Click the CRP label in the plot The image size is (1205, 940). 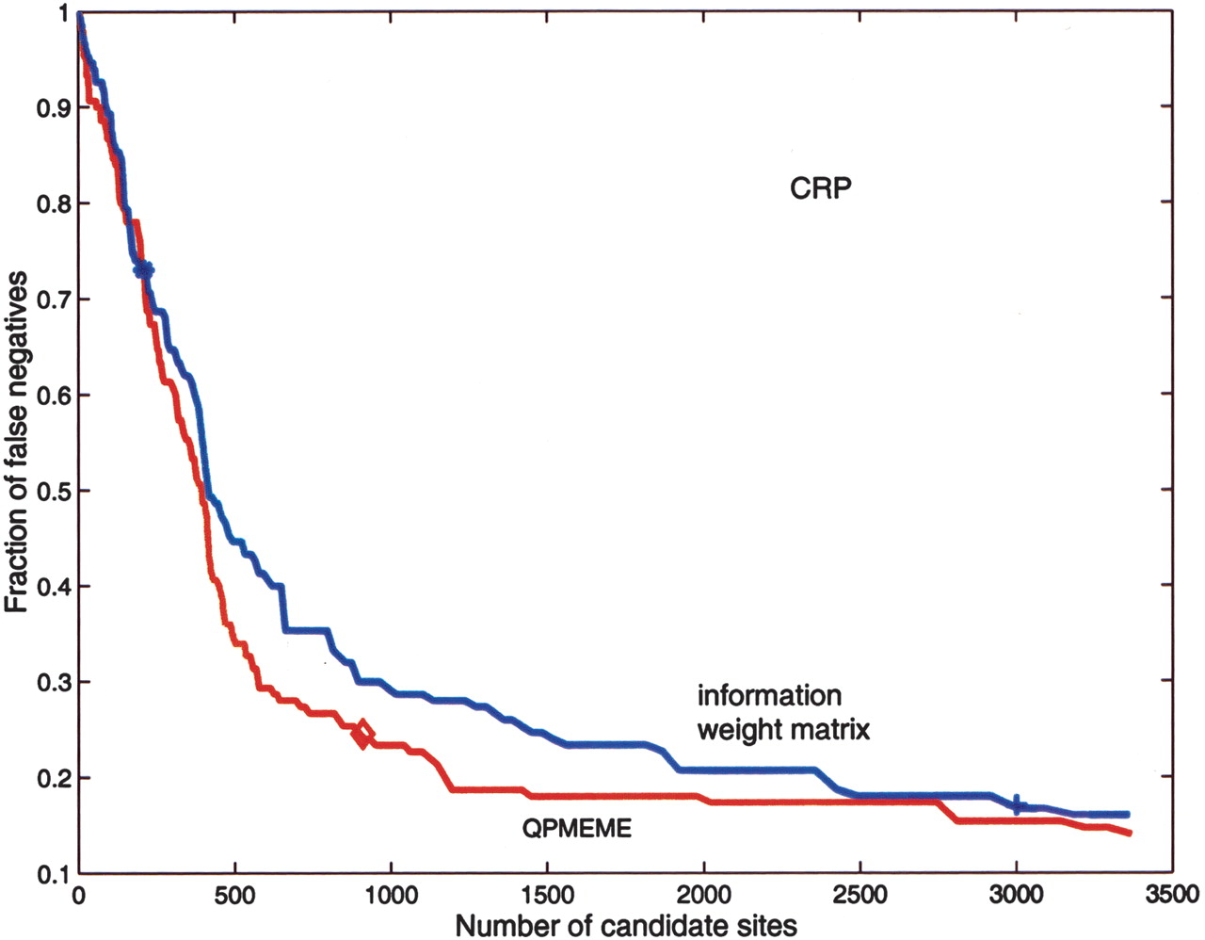click(820, 188)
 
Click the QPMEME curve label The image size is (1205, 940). click(576, 829)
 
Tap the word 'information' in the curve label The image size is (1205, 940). click(769, 696)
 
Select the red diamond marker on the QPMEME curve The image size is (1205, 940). click(362, 734)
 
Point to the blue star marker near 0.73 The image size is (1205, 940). click(143, 270)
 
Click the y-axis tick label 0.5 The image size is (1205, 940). click(53, 491)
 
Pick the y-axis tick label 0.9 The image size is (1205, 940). click(53, 108)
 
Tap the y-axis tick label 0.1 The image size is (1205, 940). click(53, 873)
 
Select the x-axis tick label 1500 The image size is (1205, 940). click(547, 894)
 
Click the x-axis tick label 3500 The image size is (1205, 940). click(1171, 894)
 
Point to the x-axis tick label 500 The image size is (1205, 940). click(234, 894)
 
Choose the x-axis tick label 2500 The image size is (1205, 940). click(860, 894)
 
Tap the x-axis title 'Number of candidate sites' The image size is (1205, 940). click(626, 925)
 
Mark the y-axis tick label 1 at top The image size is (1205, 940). click(62, 13)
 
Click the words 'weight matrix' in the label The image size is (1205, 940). click(783, 728)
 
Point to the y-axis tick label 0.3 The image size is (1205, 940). click(53, 682)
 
